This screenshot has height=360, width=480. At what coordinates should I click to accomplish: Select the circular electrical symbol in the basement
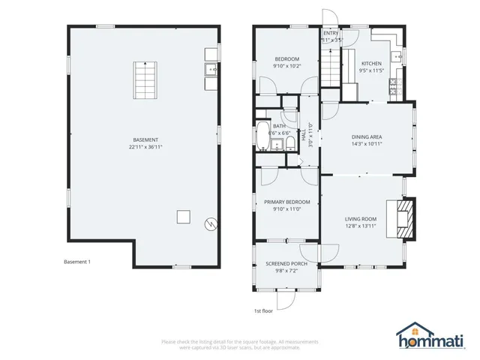click(212, 223)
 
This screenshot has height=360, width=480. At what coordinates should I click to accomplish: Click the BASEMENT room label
click(145, 140)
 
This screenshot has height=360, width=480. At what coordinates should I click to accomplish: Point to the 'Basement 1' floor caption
click(77, 262)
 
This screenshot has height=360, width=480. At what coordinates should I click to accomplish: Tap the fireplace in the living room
click(403, 217)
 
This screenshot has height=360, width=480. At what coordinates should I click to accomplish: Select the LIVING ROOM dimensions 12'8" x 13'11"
click(361, 226)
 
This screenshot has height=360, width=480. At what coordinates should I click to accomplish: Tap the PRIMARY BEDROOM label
click(286, 202)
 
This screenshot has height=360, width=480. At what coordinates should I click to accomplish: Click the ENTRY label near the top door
click(330, 33)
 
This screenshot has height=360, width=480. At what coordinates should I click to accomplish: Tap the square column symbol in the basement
click(182, 217)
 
